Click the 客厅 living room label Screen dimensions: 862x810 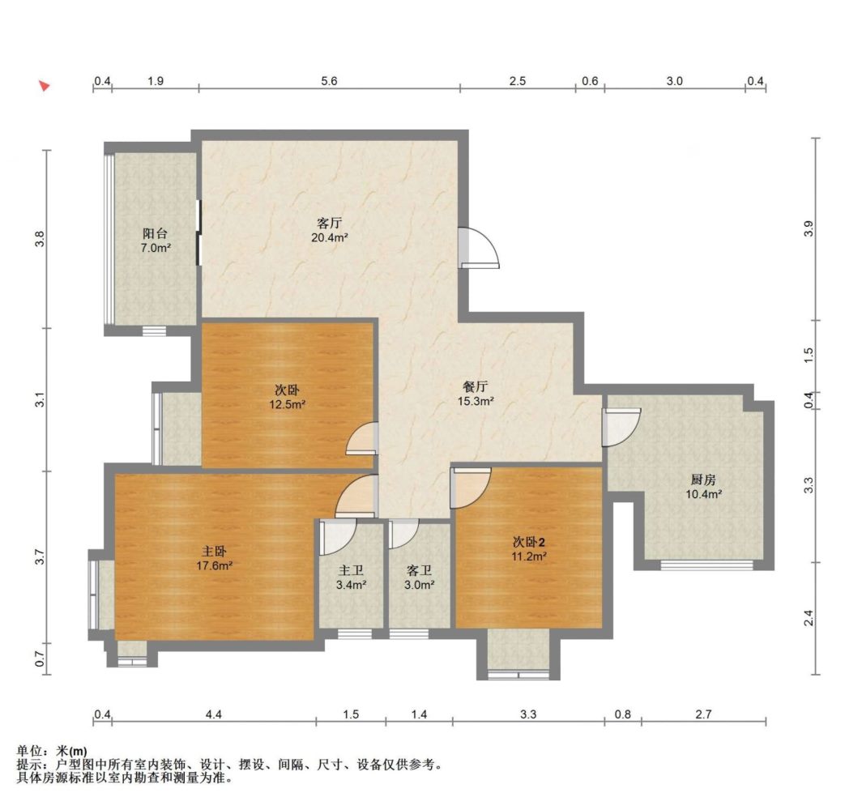click(329, 223)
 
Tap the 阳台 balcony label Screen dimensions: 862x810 click(155, 233)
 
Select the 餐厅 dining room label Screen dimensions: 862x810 click(476, 387)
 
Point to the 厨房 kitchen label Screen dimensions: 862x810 click(703, 480)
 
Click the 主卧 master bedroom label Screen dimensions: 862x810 click(214, 551)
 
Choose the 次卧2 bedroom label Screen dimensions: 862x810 click(529, 542)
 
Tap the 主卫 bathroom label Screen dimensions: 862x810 click(351, 572)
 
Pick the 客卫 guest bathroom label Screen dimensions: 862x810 click(419, 572)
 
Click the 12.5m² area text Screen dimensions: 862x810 click(287, 404)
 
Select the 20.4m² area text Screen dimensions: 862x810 click(329, 237)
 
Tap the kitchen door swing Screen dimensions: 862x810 click(621, 428)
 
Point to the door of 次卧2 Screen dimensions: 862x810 click(471, 488)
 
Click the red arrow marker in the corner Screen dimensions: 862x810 click(44, 86)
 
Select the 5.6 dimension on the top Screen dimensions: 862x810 click(329, 81)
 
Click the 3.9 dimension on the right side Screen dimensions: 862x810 click(808, 228)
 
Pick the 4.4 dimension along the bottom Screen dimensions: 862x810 click(213, 714)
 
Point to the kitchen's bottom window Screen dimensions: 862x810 click(706, 565)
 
